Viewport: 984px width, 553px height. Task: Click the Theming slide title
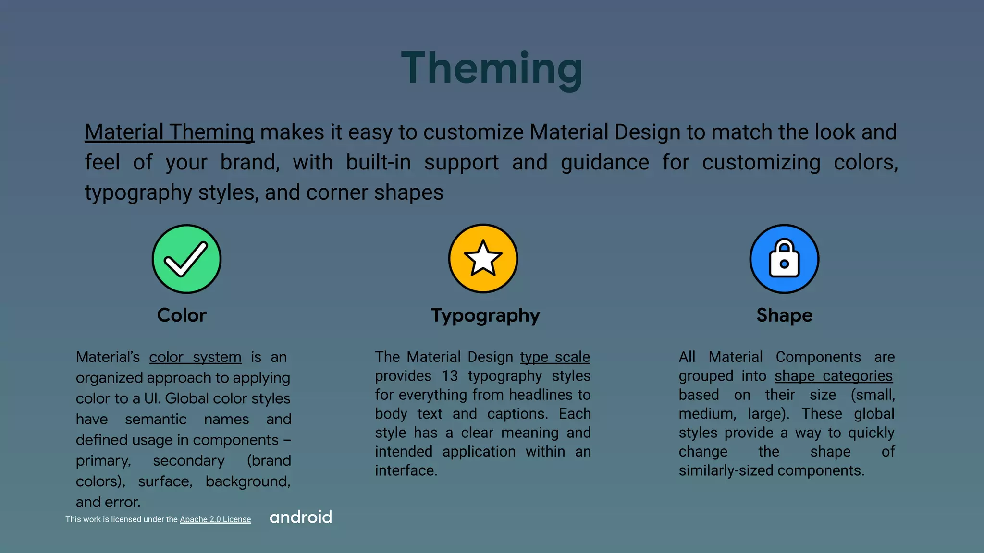click(492, 69)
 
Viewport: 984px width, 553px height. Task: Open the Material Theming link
click(169, 132)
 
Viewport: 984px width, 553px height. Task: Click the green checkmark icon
click(186, 259)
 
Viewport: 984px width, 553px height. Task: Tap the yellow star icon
click(483, 259)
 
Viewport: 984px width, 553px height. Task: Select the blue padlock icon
click(784, 259)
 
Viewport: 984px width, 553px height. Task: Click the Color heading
click(182, 315)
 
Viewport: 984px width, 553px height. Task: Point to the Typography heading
click(485, 316)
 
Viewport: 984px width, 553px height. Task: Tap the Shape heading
click(784, 315)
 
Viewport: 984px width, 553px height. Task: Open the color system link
click(195, 357)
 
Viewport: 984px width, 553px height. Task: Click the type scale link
click(555, 357)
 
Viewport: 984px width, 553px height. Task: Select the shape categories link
click(834, 376)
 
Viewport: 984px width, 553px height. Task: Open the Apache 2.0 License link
click(215, 519)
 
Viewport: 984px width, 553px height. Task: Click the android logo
click(301, 517)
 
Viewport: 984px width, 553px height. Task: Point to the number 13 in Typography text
click(450, 376)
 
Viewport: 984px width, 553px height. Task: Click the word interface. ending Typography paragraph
click(406, 470)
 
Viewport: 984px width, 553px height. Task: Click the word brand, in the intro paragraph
click(250, 162)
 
